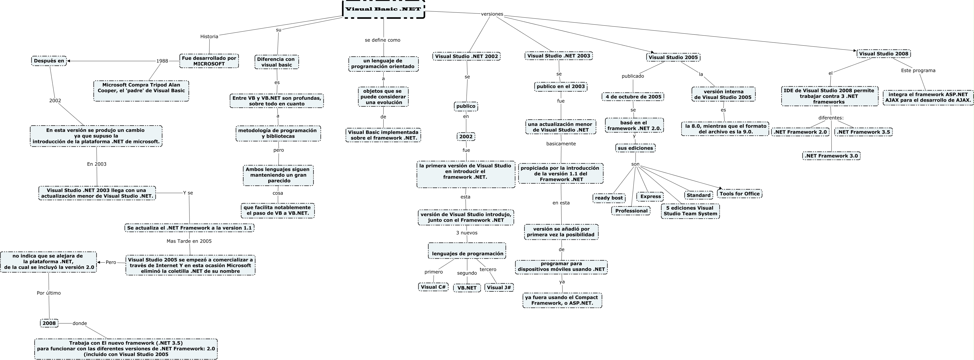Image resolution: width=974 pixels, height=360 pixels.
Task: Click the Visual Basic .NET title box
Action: tap(383, 9)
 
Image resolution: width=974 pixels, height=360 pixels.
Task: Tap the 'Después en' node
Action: tap(49, 61)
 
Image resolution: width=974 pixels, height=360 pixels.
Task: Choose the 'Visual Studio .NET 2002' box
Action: tap(467, 56)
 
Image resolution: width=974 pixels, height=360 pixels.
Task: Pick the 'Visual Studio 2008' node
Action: tap(883, 54)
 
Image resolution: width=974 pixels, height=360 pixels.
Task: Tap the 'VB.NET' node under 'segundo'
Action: tap(467, 288)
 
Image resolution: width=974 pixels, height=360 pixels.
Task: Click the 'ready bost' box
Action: tap(609, 198)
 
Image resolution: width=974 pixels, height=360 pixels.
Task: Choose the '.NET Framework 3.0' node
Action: tap(831, 156)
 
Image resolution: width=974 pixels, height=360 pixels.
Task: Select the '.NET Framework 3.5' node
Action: tap(864, 132)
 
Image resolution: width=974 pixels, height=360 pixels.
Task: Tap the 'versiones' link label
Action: tap(492, 14)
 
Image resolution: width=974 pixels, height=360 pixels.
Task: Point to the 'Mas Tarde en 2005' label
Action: tap(189, 241)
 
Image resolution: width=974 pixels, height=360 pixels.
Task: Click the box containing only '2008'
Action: tap(49, 323)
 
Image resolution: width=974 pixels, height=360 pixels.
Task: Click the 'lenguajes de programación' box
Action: tap(467, 253)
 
